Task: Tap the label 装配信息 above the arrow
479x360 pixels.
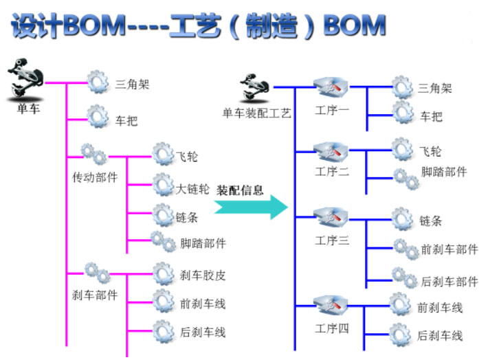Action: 240,190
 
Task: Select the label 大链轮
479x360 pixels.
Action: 193,188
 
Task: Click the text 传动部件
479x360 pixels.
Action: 95,177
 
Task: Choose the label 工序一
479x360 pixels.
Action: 332,111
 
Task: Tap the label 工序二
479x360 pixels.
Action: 332,171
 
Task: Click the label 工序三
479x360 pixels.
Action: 332,240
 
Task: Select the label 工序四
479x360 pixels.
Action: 332,328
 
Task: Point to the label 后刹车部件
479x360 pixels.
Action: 448,282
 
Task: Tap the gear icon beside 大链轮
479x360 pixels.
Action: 163,184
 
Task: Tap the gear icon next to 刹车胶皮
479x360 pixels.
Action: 163,274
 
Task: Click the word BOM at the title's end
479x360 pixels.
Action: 354,25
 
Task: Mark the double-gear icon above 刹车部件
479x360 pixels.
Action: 96,272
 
